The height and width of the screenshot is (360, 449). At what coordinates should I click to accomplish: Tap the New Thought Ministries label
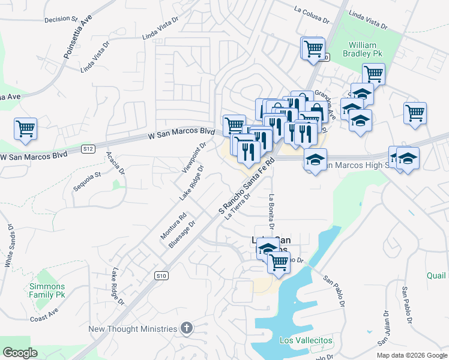click(x=133, y=329)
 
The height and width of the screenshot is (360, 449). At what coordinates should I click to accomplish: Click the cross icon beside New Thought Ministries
click(x=187, y=328)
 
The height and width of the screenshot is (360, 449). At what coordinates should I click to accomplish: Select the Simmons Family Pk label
click(x=47, y=291)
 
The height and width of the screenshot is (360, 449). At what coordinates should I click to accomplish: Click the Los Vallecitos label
click(x=306, y=340)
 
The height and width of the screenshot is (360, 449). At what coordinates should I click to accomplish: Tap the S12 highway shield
click(x=88, y=148)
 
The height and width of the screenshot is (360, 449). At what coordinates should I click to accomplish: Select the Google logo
click(x=20, y=353)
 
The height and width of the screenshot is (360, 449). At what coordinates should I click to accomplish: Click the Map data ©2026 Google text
click(x=411, y=355)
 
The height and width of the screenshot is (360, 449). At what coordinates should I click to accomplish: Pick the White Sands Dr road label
click(x=10, y=246)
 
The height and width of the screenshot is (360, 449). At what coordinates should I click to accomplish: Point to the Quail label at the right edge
click(x=436, y=275)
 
